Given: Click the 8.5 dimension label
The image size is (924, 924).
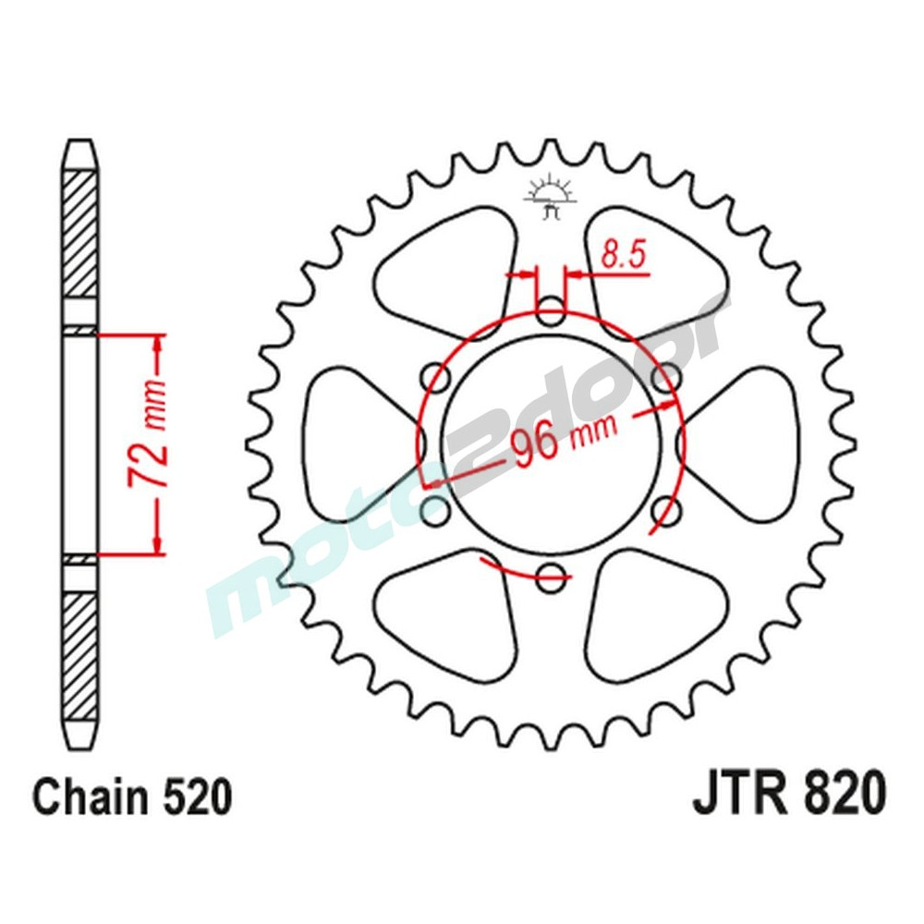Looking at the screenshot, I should click(x=623, y=254).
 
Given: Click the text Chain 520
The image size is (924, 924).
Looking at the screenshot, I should click(x=131, y=796).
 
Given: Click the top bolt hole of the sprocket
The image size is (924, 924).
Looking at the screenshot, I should click(x=551, y=311).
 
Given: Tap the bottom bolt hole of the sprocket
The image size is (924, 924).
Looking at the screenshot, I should click(x=551, y=574).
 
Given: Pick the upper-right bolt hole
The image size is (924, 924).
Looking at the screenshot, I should click(x=665, y=377).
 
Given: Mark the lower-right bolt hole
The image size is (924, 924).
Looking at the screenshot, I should click(x=665, y=509).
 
